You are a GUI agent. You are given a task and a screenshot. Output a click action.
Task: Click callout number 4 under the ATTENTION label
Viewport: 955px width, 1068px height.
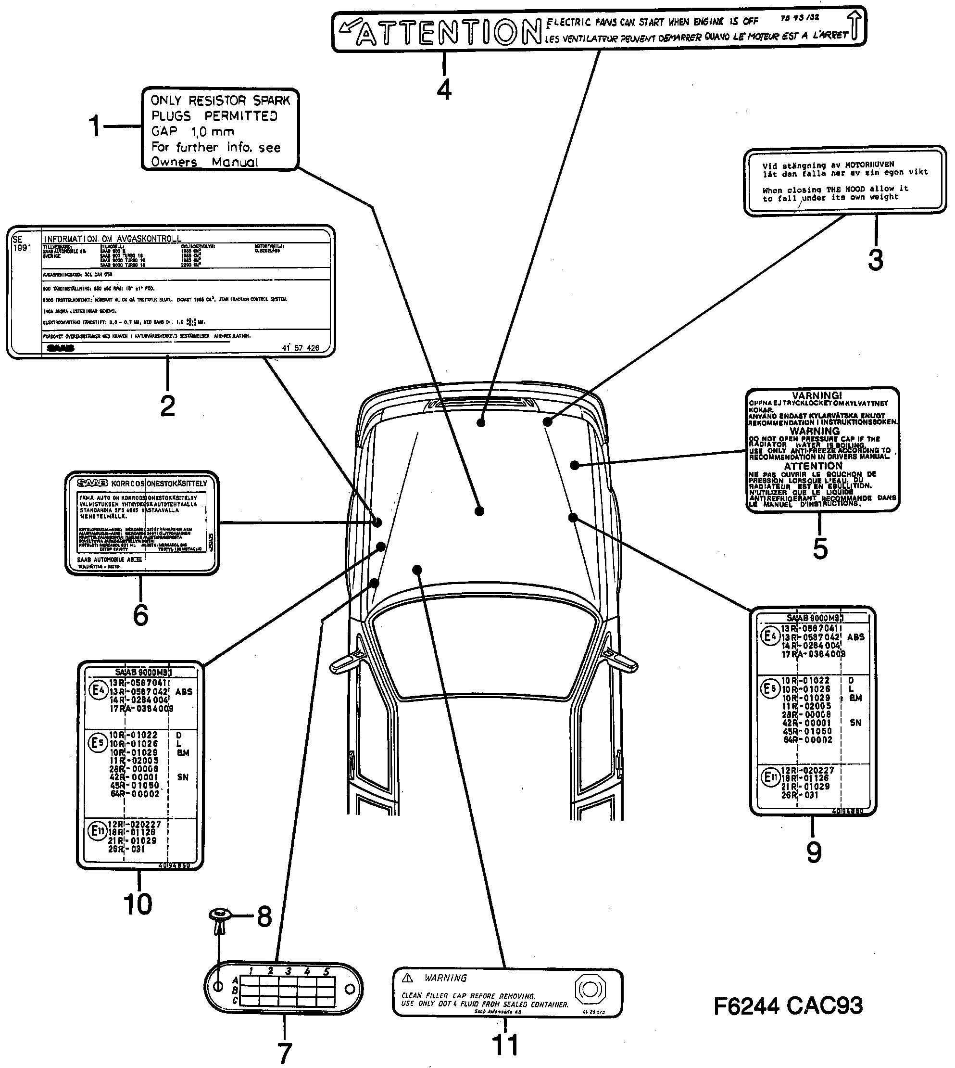(444, 90)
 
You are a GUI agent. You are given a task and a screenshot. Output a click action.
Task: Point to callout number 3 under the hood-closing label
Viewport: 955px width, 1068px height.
(875, 260)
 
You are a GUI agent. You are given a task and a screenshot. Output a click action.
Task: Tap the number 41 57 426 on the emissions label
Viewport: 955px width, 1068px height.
(300, 347)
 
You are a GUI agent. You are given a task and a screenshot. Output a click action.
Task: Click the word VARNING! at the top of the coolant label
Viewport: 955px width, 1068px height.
(817, 395)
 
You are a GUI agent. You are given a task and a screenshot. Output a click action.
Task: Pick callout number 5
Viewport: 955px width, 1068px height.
(820, 548)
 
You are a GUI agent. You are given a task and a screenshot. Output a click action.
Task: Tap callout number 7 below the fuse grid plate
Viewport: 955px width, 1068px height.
(284, 1052)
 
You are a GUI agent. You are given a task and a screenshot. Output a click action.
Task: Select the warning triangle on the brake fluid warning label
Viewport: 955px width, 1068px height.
(408, 978)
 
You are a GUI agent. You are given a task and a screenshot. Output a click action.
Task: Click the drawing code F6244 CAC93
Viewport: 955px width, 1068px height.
(788, 1005)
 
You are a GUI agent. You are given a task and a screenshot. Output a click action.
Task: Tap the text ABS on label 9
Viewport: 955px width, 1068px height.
(855, 636)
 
